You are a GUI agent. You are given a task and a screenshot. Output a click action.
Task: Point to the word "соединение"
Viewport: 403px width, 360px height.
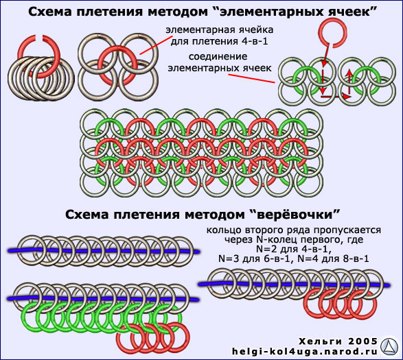218,56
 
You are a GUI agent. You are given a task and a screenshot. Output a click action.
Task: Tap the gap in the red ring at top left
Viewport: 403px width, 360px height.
39,38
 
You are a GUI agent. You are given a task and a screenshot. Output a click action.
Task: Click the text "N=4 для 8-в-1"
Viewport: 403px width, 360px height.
334,259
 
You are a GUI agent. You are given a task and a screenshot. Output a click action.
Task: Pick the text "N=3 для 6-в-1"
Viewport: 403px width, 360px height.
255,259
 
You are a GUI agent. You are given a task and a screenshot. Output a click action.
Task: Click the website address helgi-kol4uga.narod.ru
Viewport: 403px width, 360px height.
305,351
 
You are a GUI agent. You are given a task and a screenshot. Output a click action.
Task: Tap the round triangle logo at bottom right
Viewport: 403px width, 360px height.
389,346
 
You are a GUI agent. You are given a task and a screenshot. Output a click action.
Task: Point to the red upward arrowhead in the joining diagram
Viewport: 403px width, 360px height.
349,73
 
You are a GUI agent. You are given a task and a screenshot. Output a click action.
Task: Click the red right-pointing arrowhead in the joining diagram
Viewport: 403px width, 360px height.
347,97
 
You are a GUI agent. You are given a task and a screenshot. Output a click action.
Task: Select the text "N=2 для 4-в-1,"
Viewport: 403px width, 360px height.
293,249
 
